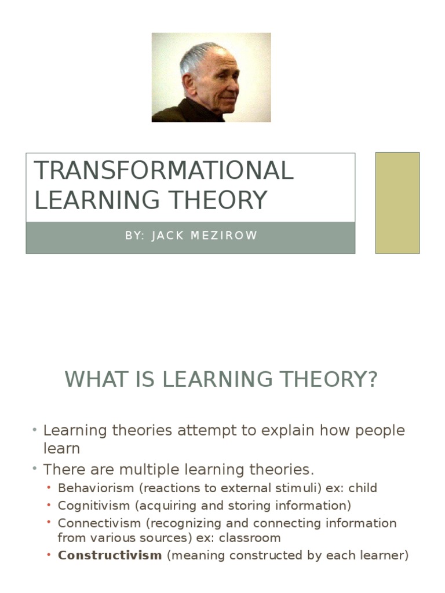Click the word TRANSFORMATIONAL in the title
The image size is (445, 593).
click(x=164, y=170)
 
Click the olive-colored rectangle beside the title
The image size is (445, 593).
click(x=397, y=203)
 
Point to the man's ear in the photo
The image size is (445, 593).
click(x=188, y=82)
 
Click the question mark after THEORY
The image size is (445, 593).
click(x=373, y=379)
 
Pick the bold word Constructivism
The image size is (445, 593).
click(x=110, y=555)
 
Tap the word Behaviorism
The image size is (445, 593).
click(x=96, y=488)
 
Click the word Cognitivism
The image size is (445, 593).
click(x=94, y=506)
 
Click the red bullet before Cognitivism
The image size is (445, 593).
click(x=49, y=505)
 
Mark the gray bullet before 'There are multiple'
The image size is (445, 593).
click(x=35, y=468)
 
